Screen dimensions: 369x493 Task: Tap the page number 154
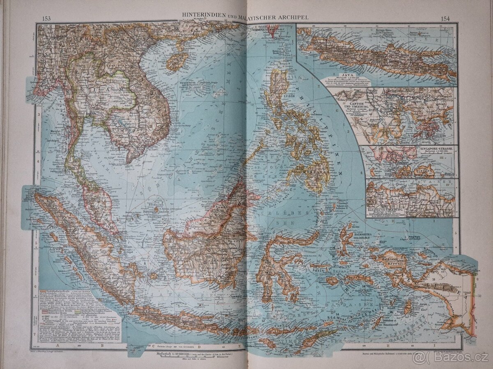point(445,18)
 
